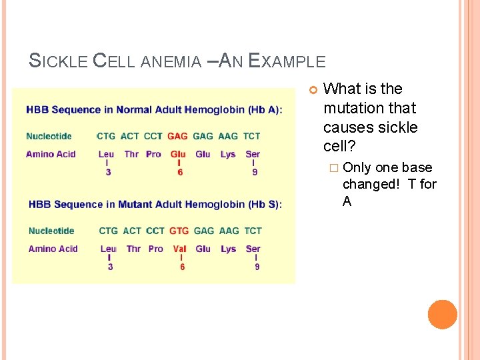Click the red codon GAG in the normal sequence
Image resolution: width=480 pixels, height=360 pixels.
(x=177, y=136)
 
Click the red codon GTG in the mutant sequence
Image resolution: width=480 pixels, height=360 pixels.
(x=179, y=231)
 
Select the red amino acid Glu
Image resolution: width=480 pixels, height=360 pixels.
(x=177, y=154)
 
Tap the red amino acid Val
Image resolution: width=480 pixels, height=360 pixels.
(x=179, y=249)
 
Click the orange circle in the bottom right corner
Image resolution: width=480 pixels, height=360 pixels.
(x=443, y=315)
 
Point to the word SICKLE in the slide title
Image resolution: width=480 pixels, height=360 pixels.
(x=59, y=61)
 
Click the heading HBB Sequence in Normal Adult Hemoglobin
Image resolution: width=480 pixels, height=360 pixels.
(x=154, y=109)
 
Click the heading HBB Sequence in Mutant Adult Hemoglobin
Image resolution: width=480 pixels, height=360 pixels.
(x=155, y=204)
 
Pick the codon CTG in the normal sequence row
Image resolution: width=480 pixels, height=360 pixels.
(x=106, y=136)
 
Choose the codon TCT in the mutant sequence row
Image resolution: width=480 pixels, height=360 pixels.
(x=253, y=231)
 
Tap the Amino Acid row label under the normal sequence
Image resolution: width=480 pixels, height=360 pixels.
(x=51, y=154)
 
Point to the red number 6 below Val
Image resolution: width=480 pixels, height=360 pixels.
(x=182, y=267)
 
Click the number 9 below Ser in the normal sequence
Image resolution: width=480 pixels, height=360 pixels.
(x=253, y=172)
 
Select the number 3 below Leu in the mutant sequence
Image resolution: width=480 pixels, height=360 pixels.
(x=110, y=267)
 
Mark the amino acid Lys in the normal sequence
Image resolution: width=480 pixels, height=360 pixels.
(x=228, y=154)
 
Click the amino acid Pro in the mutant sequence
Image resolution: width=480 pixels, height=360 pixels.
(x=155, y=249)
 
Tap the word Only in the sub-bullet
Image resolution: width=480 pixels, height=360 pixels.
(x=357, y=167)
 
